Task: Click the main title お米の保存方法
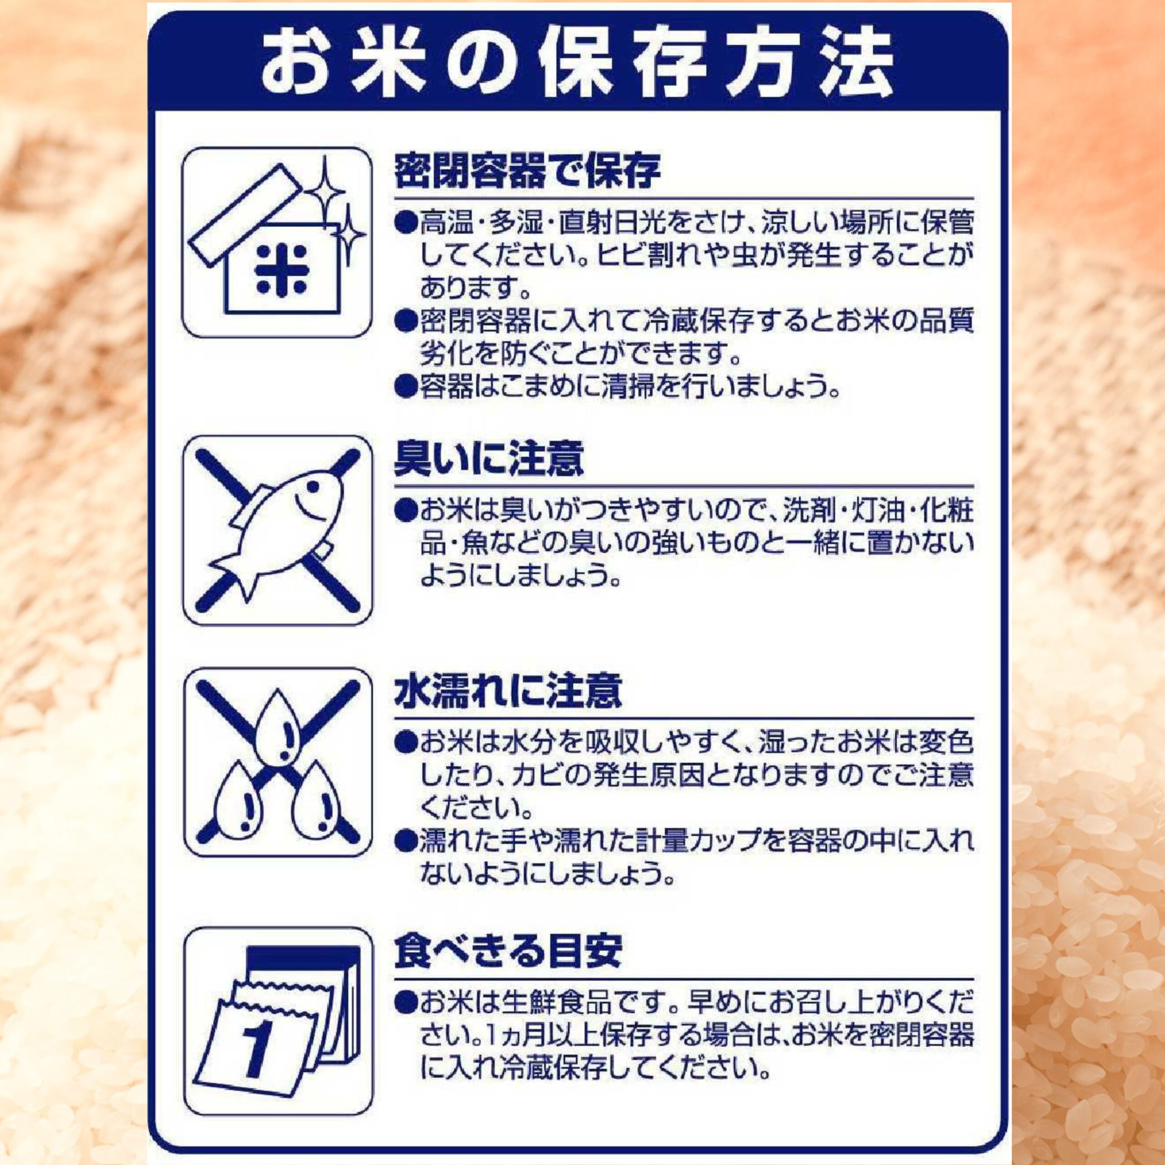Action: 577,63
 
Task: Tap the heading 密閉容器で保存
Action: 527,171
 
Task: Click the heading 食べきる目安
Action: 508,952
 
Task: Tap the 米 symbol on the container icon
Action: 281,269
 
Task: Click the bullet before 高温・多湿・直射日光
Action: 406,224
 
